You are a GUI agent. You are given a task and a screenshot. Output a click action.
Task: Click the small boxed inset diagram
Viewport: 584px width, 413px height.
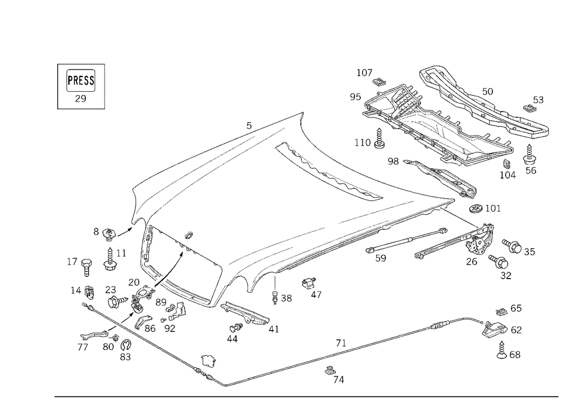tap(81, 86)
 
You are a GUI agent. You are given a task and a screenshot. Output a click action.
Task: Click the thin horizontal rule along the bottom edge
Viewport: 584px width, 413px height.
tap(307, 396)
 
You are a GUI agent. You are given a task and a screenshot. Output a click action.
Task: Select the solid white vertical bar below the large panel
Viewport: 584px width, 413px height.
tap(273, 285)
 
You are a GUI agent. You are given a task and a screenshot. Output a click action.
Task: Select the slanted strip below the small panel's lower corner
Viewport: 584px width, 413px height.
tap(248, 315)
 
